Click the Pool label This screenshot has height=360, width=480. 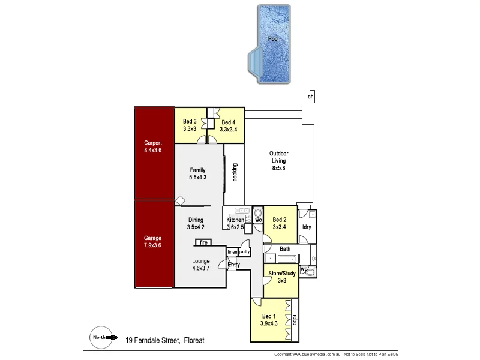pos(273,38)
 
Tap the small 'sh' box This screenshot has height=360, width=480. pos(310,96)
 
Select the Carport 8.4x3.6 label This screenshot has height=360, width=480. pos(153,146)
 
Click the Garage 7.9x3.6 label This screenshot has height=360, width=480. pos(153,242)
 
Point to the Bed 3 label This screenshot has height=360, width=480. pos(190,125)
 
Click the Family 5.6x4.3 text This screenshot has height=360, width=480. pos(197,173)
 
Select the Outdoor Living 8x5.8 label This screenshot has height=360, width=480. pos(278,161)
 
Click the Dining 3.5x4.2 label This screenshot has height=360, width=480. pos(196,223)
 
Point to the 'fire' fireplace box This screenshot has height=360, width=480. pos(203,242)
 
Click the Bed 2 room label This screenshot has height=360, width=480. pos(280,223)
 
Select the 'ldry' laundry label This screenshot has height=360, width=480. pos(306,227)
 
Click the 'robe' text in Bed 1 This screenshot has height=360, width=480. pos(295,318)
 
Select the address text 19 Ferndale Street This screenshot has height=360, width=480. pos(165,340)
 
